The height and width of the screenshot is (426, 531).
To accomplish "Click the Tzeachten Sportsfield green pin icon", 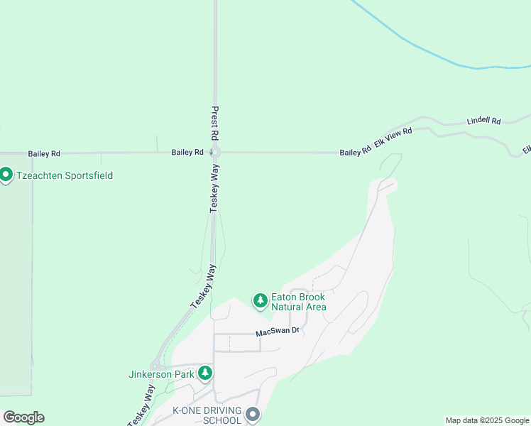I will click(x=6, y=174).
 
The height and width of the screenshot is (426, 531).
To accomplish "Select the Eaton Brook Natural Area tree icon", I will click(x=261, y=301).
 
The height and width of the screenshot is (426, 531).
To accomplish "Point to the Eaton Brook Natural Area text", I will click(x=299, y=302).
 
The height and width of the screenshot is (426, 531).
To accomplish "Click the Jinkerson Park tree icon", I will click(x=205, y=372).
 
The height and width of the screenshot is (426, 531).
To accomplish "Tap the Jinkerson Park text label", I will click(x=161, y=374).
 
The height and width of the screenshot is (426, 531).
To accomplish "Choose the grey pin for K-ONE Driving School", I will click(x=253, y=414).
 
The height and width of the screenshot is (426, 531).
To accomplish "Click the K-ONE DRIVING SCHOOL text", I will click(x=207, y=415).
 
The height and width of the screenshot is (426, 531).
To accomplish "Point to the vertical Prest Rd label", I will click(x=214, y=122).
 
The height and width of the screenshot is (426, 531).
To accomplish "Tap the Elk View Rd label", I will click(x=393, y=138).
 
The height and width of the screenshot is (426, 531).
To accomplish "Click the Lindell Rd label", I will click(x=483, y=121).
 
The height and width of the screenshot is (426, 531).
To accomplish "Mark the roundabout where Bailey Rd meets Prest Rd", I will click(x=216, y=152).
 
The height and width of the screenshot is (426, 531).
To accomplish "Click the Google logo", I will click(x=23, y=417).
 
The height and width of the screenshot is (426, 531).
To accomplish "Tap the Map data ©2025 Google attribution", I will click(x=487, y=420).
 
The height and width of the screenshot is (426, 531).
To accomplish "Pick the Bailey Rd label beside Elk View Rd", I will click(x=355, y=152).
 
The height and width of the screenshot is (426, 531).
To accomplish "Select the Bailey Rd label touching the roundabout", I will click(x=187, y=152).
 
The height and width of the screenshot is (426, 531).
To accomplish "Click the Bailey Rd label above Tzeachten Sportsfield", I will click(x=44, y=153).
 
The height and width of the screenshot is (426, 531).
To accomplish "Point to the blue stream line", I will click(x=426, y=50).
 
